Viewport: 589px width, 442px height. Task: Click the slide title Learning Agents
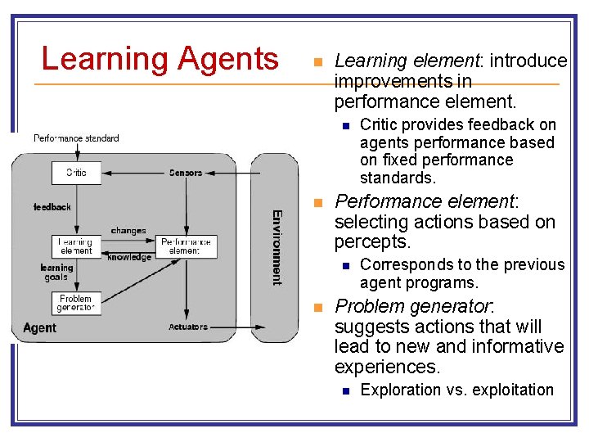click(160, 59)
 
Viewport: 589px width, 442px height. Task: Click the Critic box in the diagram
click(76, 173)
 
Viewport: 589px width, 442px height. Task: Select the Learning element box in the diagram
click(76, 246)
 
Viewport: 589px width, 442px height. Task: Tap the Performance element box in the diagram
click(187, 246)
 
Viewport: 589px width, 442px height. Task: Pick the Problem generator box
click(76, 303)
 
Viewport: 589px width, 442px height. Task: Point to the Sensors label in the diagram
click(186, 173)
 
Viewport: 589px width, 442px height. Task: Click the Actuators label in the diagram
click(187, 327)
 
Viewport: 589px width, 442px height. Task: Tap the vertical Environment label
click(277, 247)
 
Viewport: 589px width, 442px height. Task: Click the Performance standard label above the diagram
click(76, 138)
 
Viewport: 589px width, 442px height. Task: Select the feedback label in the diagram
click(52, 207)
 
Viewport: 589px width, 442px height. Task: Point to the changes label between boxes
click(128, 231)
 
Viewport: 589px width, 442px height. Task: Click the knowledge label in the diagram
click(129, 258)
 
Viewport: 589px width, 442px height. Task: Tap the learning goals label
click(56, 273)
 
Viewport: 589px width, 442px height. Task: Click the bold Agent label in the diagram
click(39, 327)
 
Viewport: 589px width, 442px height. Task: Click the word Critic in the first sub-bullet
click(381, 124)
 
